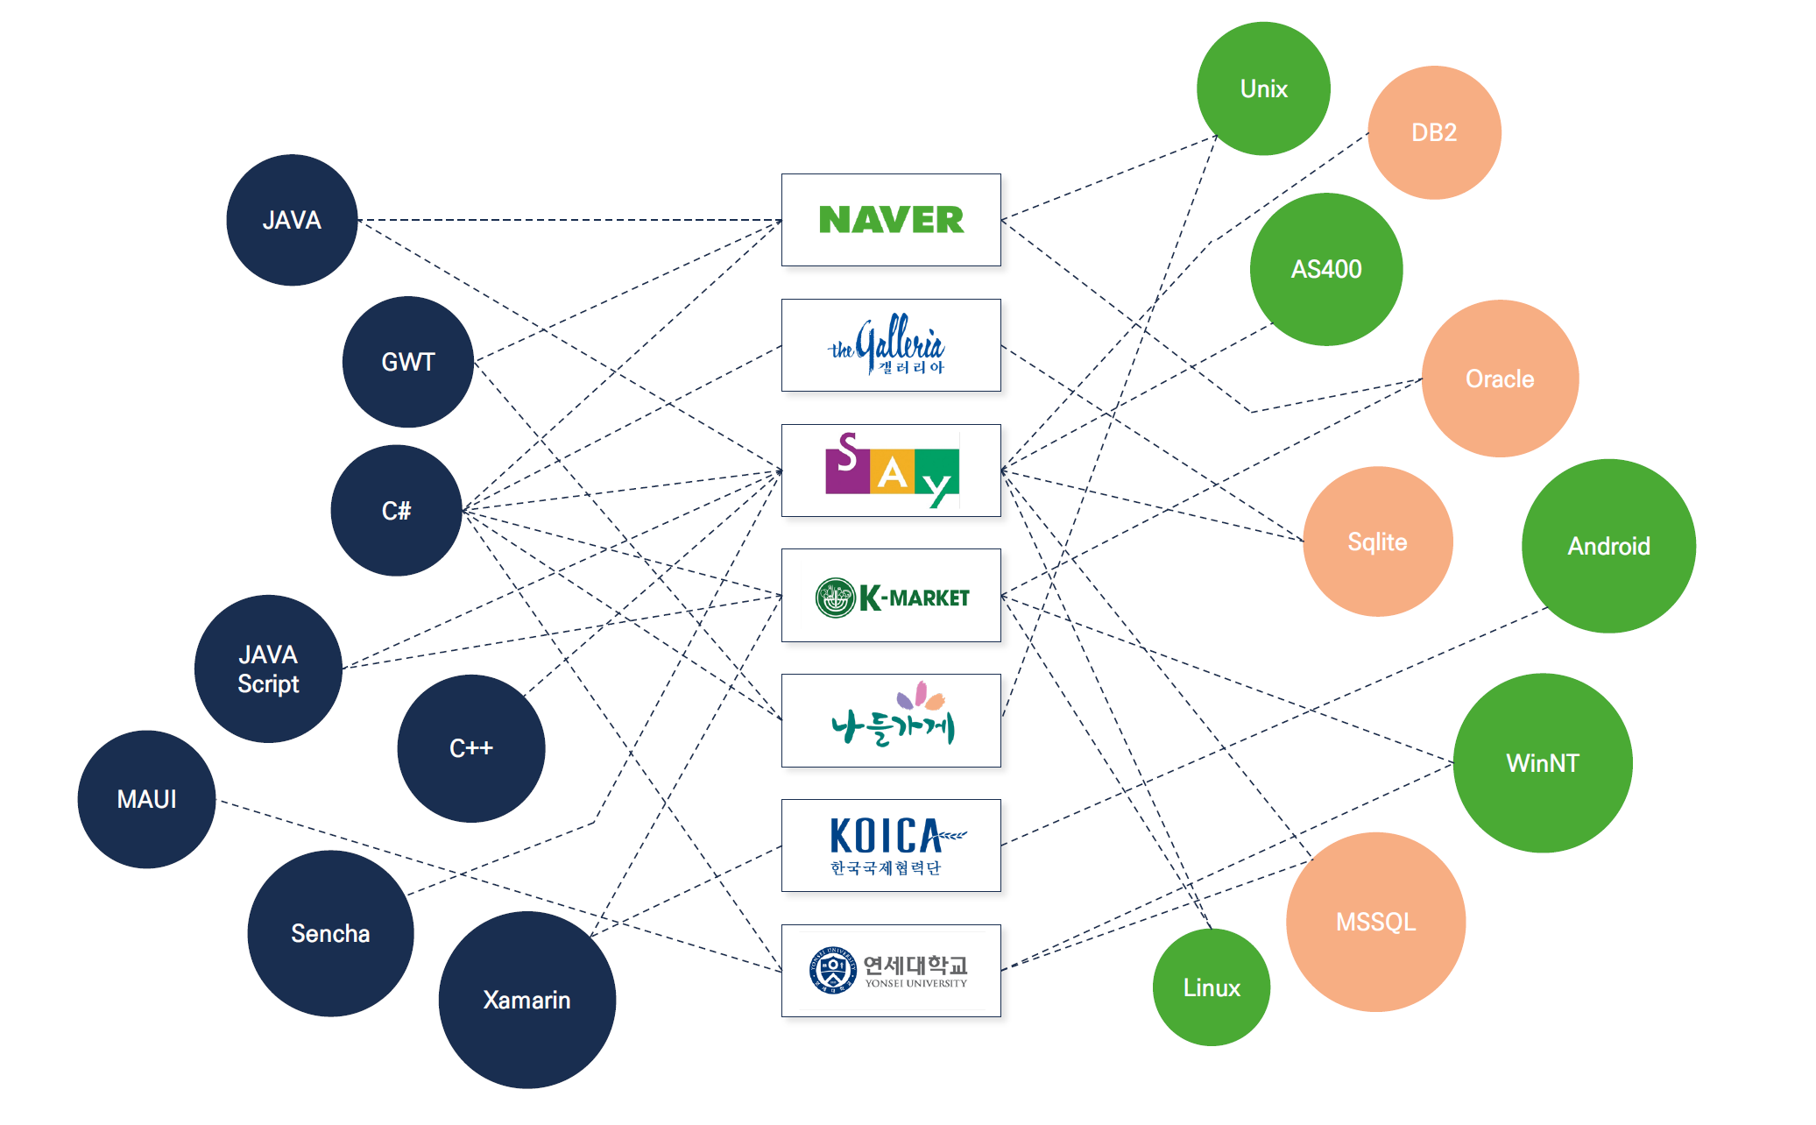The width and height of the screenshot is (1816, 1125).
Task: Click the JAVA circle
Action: [292, 220]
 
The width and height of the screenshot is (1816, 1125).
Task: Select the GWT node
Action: [407, 362]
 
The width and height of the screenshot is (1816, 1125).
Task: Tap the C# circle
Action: [396, 511]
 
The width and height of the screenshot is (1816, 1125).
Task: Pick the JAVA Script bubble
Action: [268, 669]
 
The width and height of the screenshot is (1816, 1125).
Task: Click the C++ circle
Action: [471, 748]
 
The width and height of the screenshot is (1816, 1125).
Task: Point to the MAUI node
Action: [146, 799]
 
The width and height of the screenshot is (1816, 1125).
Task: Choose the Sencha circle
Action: [330, 933]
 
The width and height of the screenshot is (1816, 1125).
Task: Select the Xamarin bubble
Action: [526, 1000]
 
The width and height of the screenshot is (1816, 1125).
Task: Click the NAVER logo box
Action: [891, 220]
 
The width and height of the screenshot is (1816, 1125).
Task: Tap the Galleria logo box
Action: [891, 345]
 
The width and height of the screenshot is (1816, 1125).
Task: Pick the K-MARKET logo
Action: [891, 596]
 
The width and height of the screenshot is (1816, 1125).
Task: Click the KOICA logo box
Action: [891, 846]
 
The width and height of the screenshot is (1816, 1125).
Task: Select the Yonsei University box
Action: [891, 971]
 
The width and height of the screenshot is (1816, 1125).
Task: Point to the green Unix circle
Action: [1263, 88]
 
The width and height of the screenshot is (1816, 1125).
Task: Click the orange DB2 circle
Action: [1434, 132]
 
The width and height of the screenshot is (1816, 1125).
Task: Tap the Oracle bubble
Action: [1500, 379]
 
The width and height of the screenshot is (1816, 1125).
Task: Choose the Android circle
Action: [1608, 546]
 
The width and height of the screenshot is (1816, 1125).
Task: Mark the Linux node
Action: [1212, 987]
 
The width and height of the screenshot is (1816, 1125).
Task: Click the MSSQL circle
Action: [1375, 922]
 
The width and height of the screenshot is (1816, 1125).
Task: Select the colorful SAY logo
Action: [891, 471]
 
